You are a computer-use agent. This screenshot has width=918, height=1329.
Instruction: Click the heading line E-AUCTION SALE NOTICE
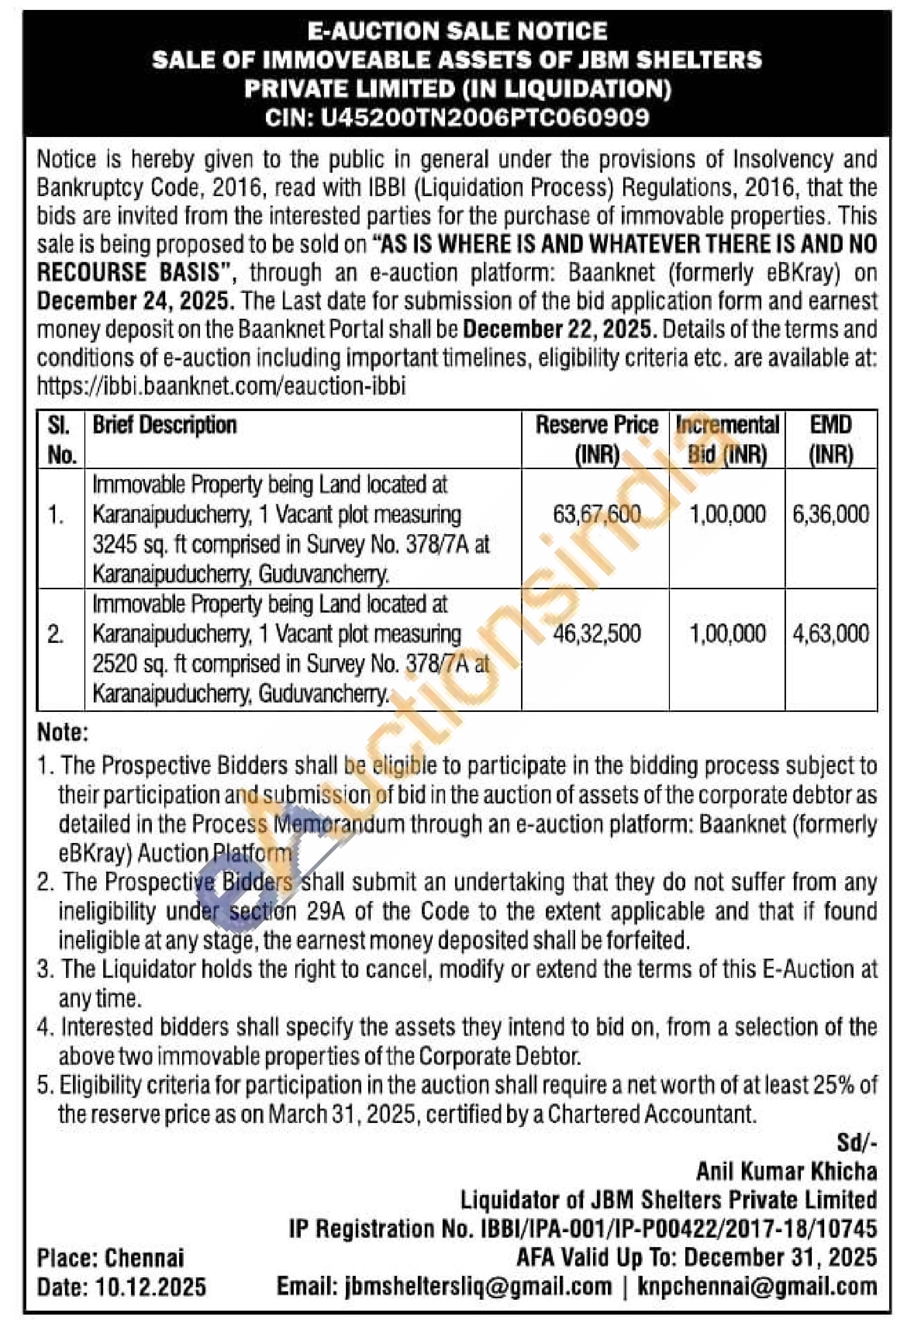(458, 31)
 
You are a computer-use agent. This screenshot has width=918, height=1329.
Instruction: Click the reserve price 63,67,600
(596, 514)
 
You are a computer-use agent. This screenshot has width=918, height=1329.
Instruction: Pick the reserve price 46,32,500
(596, 633)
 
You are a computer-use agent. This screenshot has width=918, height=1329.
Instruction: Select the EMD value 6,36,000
(831, 514)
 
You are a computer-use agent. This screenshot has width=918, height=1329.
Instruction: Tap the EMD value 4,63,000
(831, 633)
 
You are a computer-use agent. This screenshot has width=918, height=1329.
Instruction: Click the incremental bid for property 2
(727, 633)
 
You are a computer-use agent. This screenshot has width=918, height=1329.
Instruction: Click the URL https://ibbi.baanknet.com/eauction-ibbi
(221, 385)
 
